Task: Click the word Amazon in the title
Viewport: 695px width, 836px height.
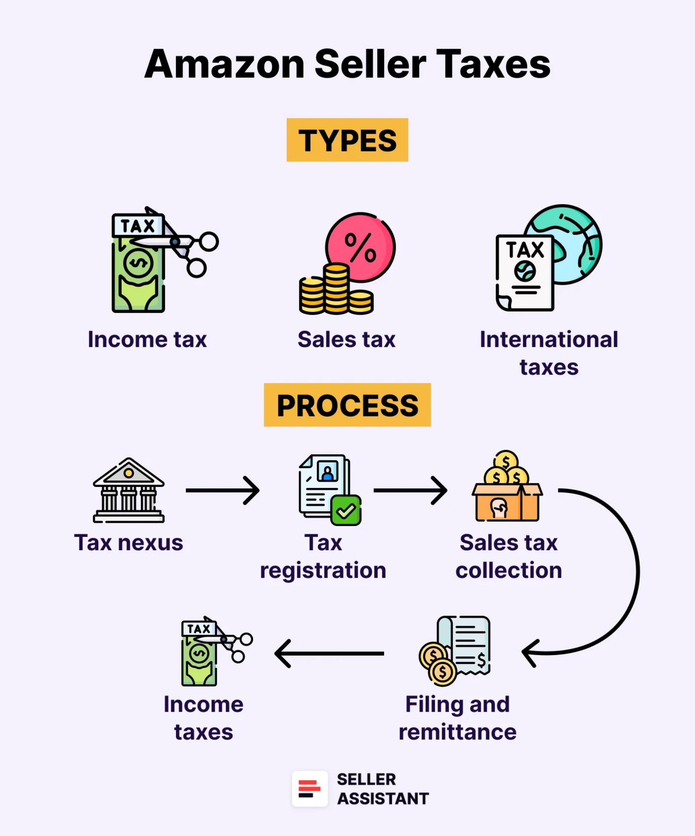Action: (x=224, y=64)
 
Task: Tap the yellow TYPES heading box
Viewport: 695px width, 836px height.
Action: (x=347, y=140)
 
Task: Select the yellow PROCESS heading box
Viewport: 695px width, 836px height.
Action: (x=347, y=405)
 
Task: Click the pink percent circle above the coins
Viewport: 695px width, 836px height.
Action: (x=361, y=247)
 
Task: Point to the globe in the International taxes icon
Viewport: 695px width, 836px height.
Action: (x=573, y=243)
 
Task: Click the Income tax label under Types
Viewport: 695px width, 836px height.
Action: (x=147, y=340)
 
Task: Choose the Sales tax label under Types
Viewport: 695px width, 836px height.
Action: (x=346, y=340)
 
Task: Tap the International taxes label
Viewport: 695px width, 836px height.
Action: (x=549, y=353)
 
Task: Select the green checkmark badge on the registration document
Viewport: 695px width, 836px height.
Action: (x=346, y=511)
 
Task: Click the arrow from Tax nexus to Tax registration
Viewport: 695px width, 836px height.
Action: (x=222, y=491)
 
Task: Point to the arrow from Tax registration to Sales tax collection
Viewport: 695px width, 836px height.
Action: (x=410, y=491)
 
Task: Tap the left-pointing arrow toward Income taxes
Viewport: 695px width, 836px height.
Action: (x=329, y=653)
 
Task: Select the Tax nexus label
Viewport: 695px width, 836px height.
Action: (x=129, y=543)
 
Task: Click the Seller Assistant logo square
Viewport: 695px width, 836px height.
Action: (x=310, y=789)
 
